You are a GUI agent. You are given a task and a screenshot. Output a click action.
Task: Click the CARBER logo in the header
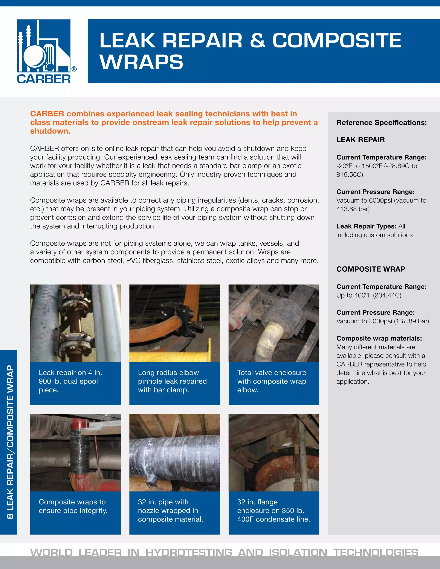point(44,51)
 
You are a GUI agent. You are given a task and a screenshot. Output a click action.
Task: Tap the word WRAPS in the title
point(141,62)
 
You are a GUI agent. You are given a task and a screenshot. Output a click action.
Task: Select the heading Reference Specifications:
point(381,122)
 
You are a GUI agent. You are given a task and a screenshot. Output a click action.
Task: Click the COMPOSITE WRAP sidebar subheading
point(370,269)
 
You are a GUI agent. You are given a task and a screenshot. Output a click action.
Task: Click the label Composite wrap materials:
point(379,338)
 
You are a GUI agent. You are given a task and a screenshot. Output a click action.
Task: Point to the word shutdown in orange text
point(50,131)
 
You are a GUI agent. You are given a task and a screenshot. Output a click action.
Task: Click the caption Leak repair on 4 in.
point(70,373)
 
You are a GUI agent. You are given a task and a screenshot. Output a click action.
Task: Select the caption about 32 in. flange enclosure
point(273,510)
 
